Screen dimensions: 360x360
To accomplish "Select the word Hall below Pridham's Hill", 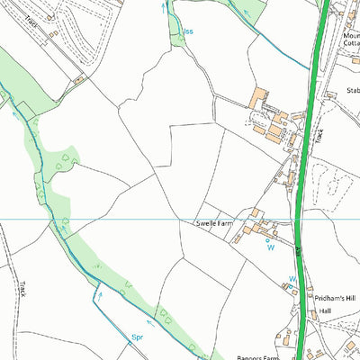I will click(325, 310).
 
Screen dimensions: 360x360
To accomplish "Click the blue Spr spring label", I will click(138, 338).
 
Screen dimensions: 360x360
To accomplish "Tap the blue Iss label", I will click(188, 31).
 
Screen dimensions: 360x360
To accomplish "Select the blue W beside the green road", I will click(292, 280).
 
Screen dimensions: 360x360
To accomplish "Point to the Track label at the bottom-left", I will click(22, 289).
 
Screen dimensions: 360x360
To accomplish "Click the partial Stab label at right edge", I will click(352, 91).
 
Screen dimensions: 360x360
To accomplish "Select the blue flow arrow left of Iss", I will click(164, 7).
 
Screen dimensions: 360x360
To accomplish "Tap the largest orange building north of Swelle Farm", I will click(260, 96).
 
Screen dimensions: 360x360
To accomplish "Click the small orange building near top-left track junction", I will click(79, 79).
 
